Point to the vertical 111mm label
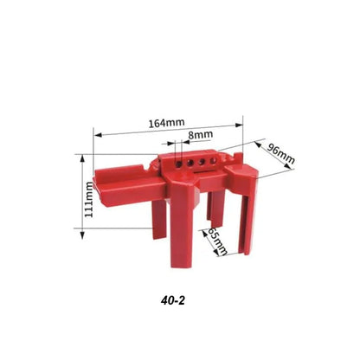[x=88, y=200]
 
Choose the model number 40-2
[x=173, y=302]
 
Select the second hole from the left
[x=184, y=161]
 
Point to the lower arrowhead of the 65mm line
[x=224, y=257]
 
